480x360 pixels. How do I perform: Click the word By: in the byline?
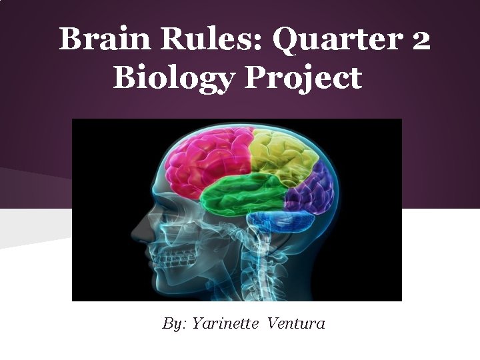pyautogui.click(x=175, y=324)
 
